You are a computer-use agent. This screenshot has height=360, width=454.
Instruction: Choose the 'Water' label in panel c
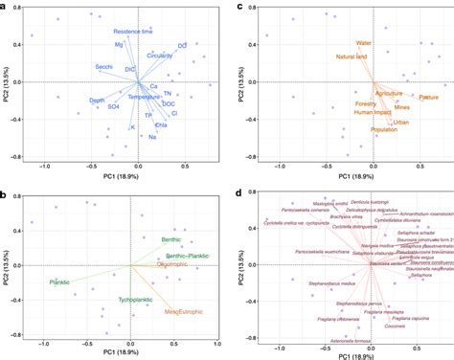click(x=363, y=43)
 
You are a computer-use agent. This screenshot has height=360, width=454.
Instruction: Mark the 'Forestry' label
click(x=367, y=105)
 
